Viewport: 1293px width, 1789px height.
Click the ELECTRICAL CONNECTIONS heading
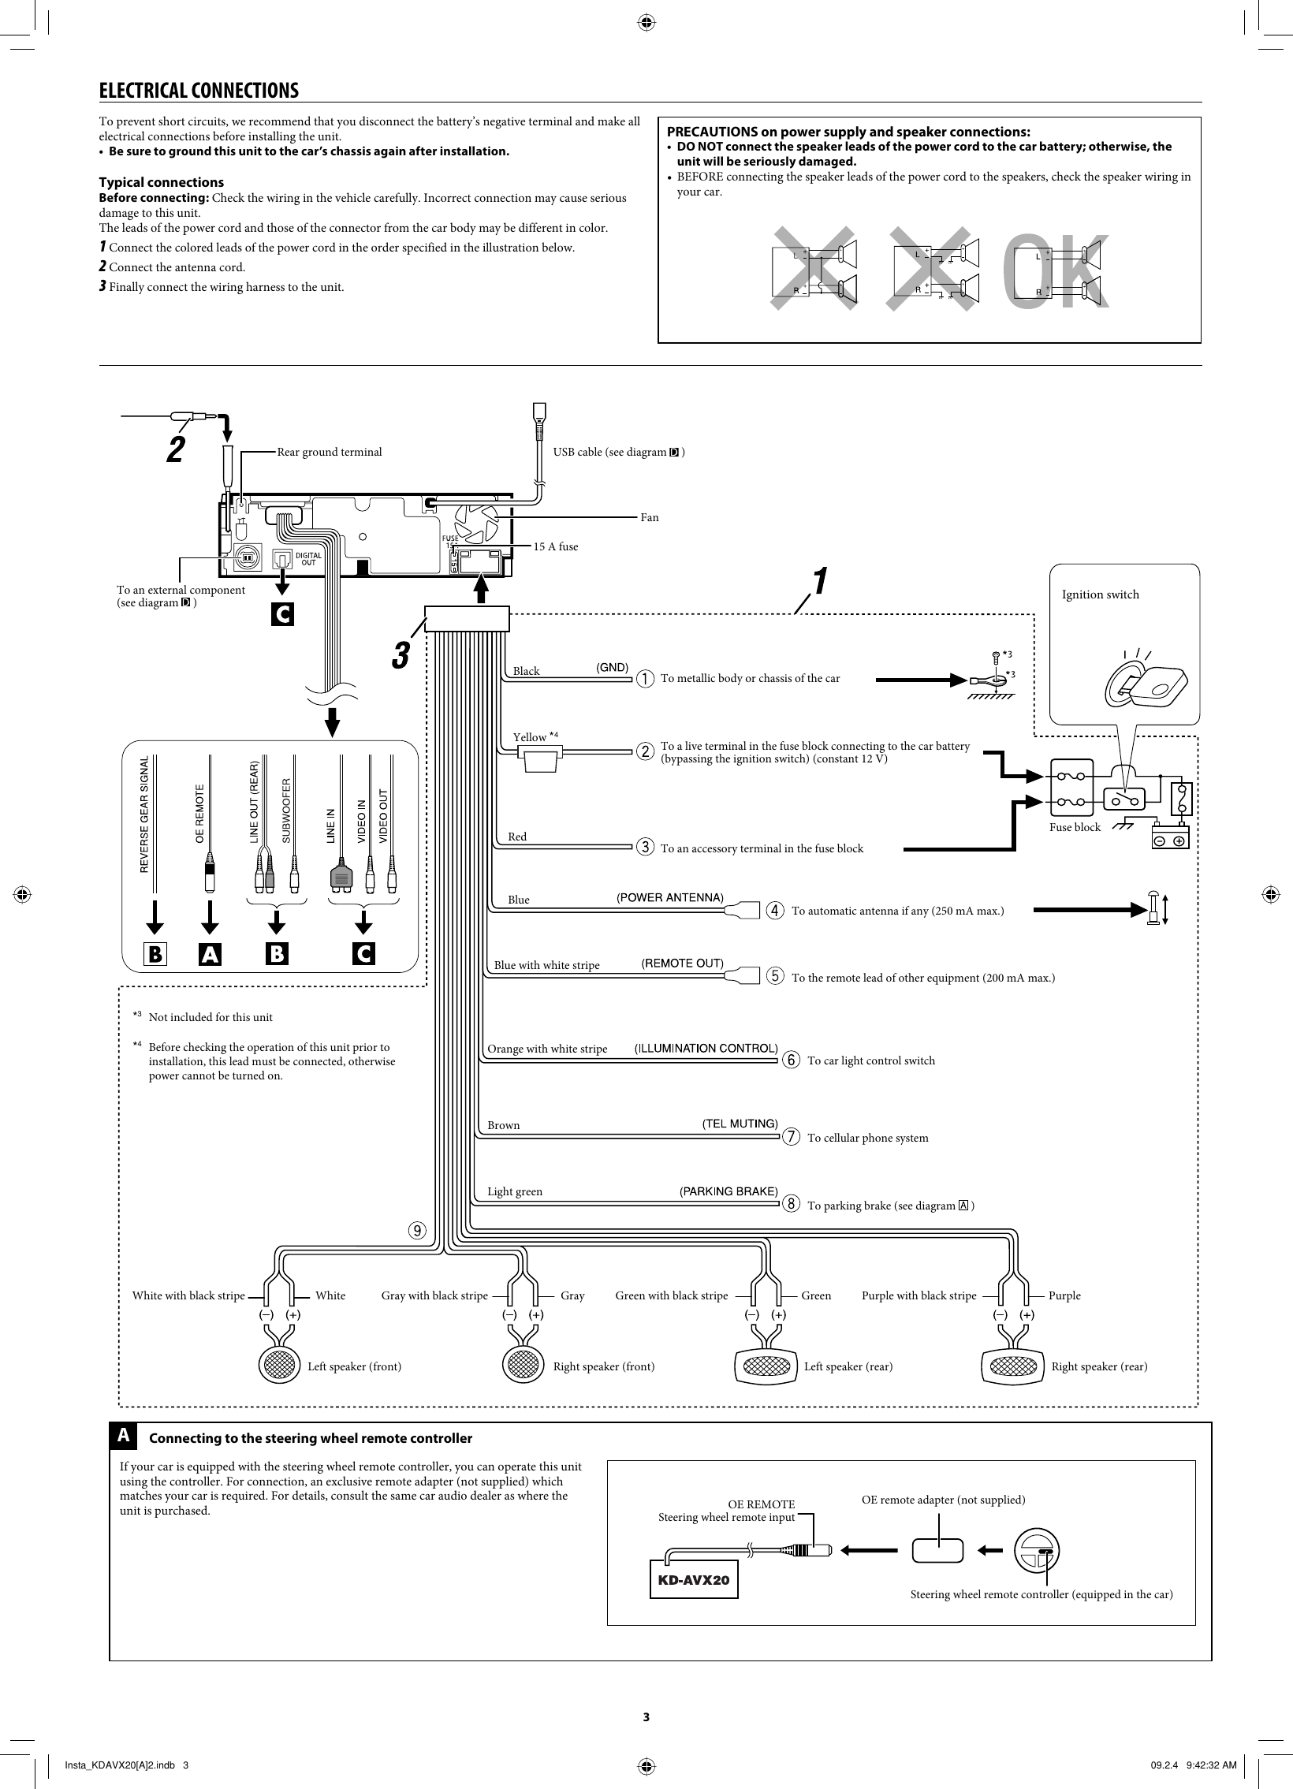(x=199, y=91)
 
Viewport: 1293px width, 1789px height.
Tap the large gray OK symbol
(x=1056, y=272)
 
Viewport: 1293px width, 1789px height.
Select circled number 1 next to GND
(x=645, y=678)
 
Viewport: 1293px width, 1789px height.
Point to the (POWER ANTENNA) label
(x=670, y=898)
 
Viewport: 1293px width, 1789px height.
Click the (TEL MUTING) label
(x=740, y=1124)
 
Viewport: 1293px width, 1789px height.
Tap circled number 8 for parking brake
(x=790, y=1203)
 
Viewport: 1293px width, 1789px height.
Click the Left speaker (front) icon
(x=280, y=1366)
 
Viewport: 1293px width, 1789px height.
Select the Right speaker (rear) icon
(x=1013, y=1366)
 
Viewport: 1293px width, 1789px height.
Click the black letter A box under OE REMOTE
(x=210, y=954)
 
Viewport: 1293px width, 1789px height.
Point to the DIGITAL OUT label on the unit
(x=308, y=559)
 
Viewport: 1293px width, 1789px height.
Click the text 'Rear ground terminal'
(x=329, y=452)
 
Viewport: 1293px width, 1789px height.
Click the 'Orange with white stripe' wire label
(x=546, y=1049)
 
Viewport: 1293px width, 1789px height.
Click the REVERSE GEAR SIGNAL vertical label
(x=144, y=814)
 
